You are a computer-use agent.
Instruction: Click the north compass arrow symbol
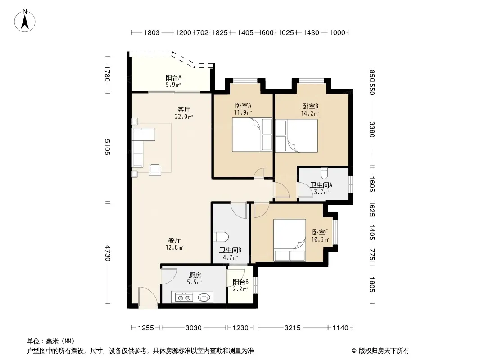point(25,20)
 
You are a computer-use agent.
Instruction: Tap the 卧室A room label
point(243,105)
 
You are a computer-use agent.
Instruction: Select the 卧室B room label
point(310,107)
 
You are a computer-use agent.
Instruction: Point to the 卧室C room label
point(320,233)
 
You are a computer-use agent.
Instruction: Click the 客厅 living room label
point(184,109)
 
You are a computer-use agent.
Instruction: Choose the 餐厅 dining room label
point(175,240)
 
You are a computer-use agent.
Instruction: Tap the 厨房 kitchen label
point(195,275)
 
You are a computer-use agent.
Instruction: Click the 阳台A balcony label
point(173,78)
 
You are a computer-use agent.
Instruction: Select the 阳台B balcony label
point(240,282)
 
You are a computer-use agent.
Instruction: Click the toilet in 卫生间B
point(222,237)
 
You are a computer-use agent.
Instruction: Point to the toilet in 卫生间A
point(324,173)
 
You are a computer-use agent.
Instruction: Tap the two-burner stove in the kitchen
point(184,297)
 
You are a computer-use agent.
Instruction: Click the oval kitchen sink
point(204,297)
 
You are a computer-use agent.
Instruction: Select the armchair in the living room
point(155,170)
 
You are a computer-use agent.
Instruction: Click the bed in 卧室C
point(289,240)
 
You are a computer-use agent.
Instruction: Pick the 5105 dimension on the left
point(107,147)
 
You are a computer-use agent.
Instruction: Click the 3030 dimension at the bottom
point(194,328)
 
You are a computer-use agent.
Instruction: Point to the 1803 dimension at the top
point(152,33)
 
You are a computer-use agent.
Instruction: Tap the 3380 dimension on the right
point(371,130)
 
